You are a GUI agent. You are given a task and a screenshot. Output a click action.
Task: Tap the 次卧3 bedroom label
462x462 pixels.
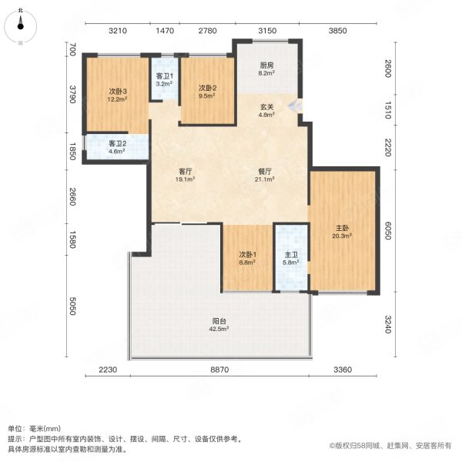click(118, 95)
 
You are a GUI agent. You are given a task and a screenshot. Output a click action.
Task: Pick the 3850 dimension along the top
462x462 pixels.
click(339, 31)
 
